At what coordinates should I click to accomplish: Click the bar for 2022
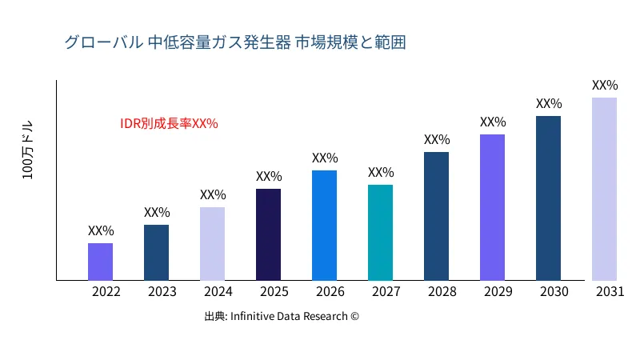pos(100,262)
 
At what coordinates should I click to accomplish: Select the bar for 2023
pos(156,253)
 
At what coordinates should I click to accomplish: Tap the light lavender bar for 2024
pos(212,244)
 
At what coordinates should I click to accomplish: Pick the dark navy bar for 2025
pos(268,234)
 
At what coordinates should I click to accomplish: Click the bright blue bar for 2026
pos(324,226)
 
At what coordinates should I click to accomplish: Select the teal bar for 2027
pos(380,233)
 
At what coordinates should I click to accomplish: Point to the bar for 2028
pos(436,216)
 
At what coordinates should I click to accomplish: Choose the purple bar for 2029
pos(492,207)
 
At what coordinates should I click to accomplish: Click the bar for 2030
pos(548,198)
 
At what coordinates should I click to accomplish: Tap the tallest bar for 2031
pos(604,189)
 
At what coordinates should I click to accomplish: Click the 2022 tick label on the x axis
pos(106,292)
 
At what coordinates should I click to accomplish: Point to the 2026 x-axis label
pos(330,292)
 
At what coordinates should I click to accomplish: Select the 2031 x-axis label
pos(610,292)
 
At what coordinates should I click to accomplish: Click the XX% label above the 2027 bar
pos(381,173)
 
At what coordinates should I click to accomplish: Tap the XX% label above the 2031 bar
pos(605,86)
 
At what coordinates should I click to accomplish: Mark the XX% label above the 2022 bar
pos(101,231)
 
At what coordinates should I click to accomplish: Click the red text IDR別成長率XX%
pos(169,124)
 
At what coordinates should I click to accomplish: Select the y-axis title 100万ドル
pos(28,152)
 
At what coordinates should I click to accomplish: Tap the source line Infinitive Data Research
pos(282,317)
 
